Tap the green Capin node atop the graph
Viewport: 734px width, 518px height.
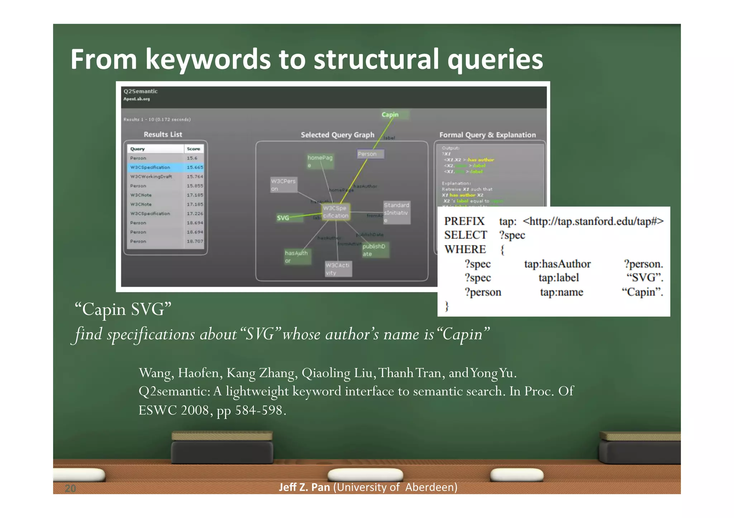(x=390, y=115)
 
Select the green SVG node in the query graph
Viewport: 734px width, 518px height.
(x=283, y=218)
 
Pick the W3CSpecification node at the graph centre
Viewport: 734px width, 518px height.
(x=335, y=212)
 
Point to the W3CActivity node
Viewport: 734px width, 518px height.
(x=338, y=269)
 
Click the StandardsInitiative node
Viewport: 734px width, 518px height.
(x=396, y=213)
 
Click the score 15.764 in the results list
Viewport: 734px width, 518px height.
(x=195, y=176)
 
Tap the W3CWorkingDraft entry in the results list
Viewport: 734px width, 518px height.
(x=151, y=176)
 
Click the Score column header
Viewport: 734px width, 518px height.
(x=194, y=149)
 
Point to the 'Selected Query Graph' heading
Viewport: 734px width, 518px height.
(x=337, y=135)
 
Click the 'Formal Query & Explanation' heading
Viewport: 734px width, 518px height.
(x=487, y=135)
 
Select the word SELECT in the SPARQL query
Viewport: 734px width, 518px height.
(x=466, y=235)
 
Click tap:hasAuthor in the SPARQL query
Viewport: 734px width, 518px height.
(x=557, y=264)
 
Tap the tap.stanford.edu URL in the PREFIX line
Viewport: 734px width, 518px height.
(x=593, y=221)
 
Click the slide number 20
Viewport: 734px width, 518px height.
(x=70, y=488)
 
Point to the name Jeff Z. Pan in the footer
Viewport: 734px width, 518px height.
(x=304, y=487)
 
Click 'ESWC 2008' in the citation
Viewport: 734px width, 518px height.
(x=173, y=410)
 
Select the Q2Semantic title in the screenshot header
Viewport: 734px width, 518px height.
(x=140, y=91)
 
